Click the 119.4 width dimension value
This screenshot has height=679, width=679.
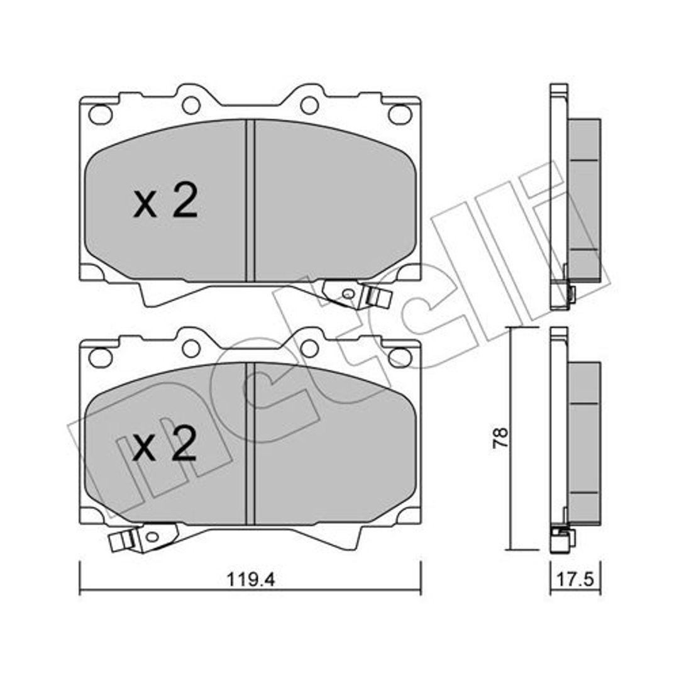pyautogui.click(x=251, y=580)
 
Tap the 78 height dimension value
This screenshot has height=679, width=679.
pyautogui.click(x=500, y=438)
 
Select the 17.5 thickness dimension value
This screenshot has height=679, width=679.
pyautogui.click(x=575, y=580)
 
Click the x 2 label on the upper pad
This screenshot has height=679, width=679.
pyautogui.click(x=166, y=201)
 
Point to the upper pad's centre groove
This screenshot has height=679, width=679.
pyautogui.click(x=250, y=201)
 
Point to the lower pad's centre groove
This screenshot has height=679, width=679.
pyautogui.click(x=250, y=443)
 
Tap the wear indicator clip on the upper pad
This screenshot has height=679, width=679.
pyautogui.click(x=358, y=295)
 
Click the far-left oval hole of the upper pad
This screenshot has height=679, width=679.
pyautogui.click(x=101, y=114)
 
